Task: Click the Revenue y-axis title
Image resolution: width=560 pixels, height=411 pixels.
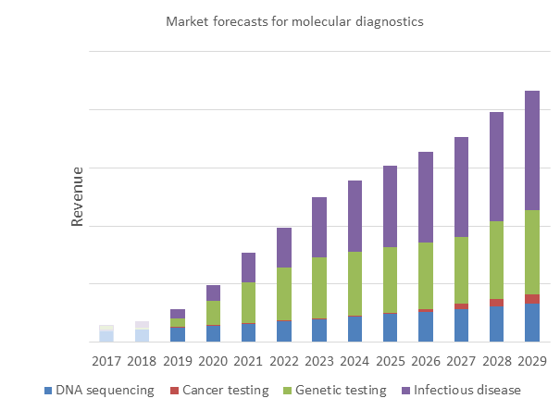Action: [78, 196]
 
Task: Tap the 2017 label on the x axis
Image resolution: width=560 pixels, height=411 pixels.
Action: [106, 361]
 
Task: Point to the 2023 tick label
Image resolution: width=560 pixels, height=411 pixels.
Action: [319, 361]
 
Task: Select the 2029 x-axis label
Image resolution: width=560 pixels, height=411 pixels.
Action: [532, 361]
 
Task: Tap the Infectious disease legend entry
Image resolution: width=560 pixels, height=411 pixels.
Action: [460, 390]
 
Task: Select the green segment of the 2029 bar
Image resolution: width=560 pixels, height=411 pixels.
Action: [532, 252]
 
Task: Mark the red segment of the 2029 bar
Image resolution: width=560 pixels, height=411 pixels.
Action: [532, 298]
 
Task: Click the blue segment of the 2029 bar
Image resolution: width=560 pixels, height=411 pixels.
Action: [532, 322]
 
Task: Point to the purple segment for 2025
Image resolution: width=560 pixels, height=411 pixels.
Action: [391, 206]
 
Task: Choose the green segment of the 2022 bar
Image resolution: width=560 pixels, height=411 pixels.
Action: [284, 293]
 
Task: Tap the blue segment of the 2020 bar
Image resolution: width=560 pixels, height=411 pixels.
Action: [213, 333]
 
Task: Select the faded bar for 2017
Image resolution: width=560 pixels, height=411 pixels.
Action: [106, 334]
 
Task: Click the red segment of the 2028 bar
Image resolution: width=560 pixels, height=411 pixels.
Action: [497, 303]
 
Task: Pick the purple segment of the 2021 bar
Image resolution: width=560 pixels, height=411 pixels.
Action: [248, 268]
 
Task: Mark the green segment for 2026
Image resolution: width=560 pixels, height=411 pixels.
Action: [426, 276]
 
